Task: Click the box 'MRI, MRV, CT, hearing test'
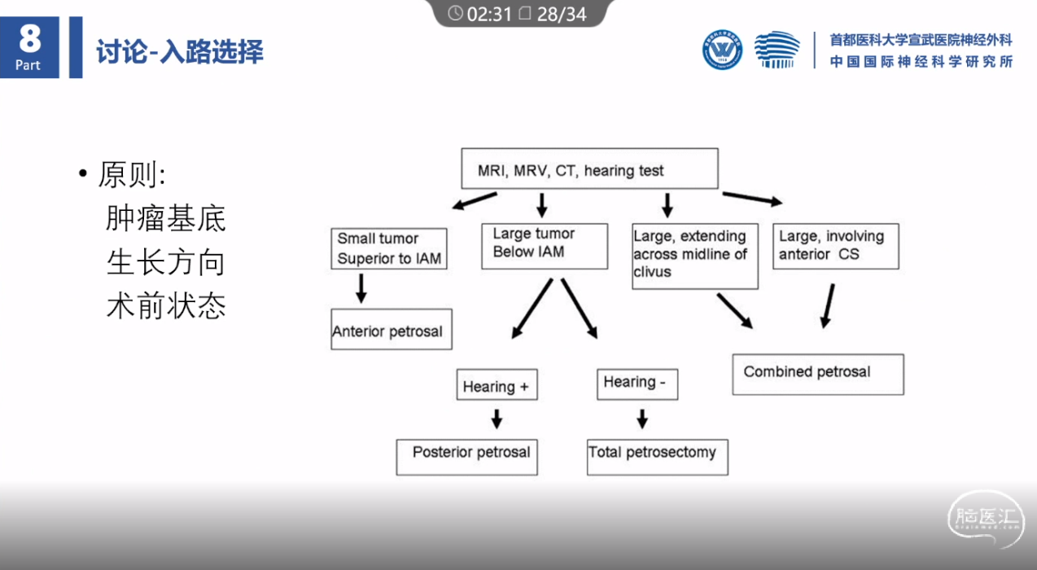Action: [x=589, y=169]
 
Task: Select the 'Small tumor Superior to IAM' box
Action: [x=389, y=248]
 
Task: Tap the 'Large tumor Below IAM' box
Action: [x=545, y=247]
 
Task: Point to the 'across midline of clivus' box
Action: [x=695, y=256]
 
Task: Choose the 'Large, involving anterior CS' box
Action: [x=836, y=247]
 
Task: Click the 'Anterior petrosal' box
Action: [x=392, y=329]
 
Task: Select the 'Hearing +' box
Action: [x=497, y=384]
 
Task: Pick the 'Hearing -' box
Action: [x=637, y=384]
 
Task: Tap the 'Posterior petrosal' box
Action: [x=466, y=457]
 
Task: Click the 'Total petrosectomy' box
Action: [x=658, y=457]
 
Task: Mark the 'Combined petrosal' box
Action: [x=818, y=375]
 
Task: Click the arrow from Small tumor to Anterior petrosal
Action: [x=361, y=288]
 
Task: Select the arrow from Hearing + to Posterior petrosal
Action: [x=497, y=419]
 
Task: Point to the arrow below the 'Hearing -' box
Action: [x=642, y=419]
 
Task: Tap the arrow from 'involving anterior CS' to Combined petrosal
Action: [x=828, y=306]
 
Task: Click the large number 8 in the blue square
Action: [x=30, y=38]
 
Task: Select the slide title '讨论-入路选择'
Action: [x=180, y=51]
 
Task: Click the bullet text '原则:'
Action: [x=132, y=174]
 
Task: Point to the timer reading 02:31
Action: [x=489, y=15]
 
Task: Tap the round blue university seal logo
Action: [x=722, y=50]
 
